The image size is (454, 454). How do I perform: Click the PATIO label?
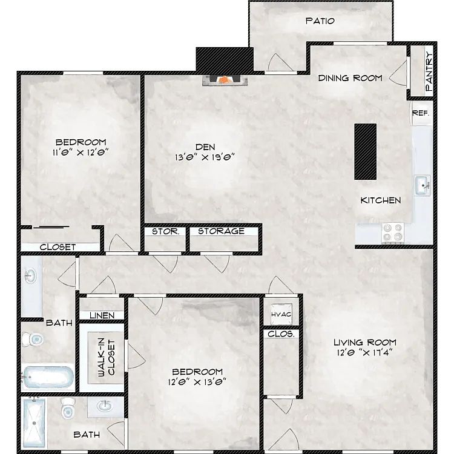click(320, 21)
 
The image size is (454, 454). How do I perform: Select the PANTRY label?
click(429, 71)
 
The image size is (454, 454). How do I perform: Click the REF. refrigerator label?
click(421, 113)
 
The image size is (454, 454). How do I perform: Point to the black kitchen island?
click(366, 152)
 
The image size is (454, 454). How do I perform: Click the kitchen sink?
click(423, 185)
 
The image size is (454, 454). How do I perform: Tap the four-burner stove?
click(393, 233)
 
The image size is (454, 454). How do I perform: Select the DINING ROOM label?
click(350, 78)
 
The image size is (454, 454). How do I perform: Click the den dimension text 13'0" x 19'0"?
click(205, 157)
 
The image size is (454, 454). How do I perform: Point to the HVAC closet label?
click(281, 314)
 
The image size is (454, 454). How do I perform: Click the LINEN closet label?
click(102, 315)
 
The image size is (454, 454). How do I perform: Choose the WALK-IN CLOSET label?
click(107, 358)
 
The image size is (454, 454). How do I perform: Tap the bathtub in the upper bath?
click(48, 377)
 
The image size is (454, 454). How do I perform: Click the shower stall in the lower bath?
click(34, 423)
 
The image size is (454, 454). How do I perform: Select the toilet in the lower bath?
click(68, 408)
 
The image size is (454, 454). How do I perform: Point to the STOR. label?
click(166, 231)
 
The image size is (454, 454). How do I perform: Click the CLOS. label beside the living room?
click(281, 334)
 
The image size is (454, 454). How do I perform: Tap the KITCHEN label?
click(381, 200)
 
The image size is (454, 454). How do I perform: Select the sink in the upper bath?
click(30, 275)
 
